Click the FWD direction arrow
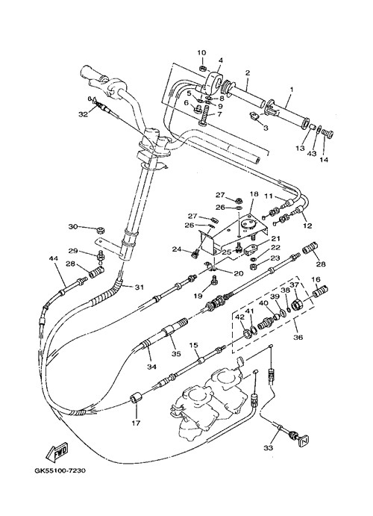[57, 453]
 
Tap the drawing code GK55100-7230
[60, 470]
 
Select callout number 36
[298, 337]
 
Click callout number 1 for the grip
[291, 89]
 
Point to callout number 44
[54, 258]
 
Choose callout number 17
[136, 423]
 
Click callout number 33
[268, 447]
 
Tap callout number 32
[83, 114]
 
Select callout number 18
[254, 194]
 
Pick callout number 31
[140, 287]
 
